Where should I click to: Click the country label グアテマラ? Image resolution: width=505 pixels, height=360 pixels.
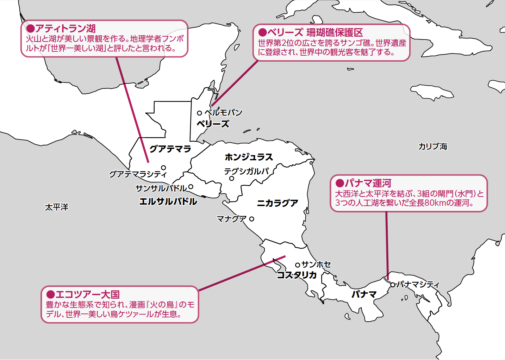point(170,149)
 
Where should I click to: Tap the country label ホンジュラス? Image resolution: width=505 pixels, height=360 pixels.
point(249,157)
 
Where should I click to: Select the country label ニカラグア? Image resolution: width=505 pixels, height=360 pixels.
point(278,203)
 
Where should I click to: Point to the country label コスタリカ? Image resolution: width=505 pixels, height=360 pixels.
point(297,275)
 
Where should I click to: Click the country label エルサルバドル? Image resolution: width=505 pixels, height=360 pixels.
point(168,201)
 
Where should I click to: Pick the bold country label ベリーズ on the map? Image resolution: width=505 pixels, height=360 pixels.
point(213,124)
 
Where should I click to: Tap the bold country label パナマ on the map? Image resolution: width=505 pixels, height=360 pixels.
point(364,294)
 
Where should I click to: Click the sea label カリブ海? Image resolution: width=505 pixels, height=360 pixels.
point(432,147)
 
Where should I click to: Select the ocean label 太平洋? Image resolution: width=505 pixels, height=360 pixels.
point(56,207)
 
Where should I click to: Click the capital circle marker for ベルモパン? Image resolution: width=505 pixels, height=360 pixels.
point(199,113)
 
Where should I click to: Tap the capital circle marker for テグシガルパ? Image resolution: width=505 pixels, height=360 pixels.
point(232,179)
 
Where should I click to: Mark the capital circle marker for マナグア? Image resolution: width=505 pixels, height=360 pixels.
point(251,219)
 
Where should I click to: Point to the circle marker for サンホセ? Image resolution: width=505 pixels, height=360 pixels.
point(298,265)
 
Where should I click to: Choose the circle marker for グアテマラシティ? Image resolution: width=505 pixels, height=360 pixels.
point(163,168)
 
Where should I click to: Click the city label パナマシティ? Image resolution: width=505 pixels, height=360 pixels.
point(418,285)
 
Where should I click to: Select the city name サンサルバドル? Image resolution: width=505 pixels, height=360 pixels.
point(161,188)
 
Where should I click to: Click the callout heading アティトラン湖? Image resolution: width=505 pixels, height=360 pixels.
point(65,29)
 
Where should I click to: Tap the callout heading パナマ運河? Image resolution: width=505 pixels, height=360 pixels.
point(368,183)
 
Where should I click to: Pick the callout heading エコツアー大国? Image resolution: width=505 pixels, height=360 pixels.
point(88,294)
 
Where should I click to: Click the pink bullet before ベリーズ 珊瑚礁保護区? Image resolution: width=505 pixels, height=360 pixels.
point(262,33)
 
